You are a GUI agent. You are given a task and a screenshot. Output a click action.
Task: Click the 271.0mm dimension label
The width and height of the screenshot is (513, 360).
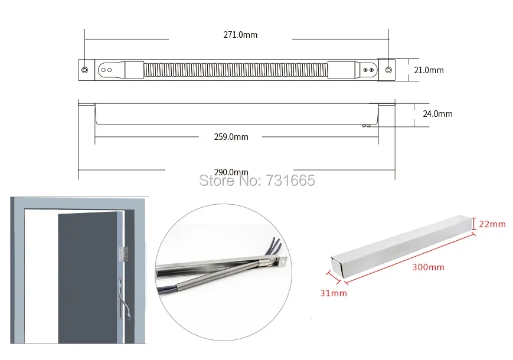tap(240, 35)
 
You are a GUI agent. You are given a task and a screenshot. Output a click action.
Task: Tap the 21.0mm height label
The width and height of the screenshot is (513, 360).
tap(429, 70)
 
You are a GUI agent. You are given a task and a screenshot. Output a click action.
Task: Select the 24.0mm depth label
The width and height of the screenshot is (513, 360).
tap(437, 114)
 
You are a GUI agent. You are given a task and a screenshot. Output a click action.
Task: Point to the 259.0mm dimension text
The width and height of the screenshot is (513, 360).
tap(231, 137)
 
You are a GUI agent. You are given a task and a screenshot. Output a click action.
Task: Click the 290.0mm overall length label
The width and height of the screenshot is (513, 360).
tap(231, 172)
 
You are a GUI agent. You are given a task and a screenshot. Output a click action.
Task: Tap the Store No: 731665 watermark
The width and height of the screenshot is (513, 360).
tap(257, 180)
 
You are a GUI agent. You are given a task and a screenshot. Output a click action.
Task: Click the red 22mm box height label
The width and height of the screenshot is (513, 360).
tap(492, 224)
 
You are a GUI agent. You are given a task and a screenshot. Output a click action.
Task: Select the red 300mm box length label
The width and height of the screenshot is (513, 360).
tap(428, 267)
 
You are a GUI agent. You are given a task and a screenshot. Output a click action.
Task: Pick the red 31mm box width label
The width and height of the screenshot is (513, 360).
tap(334, 293)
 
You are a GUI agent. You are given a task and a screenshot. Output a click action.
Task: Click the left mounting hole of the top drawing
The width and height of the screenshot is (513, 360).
tap(85, 70)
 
